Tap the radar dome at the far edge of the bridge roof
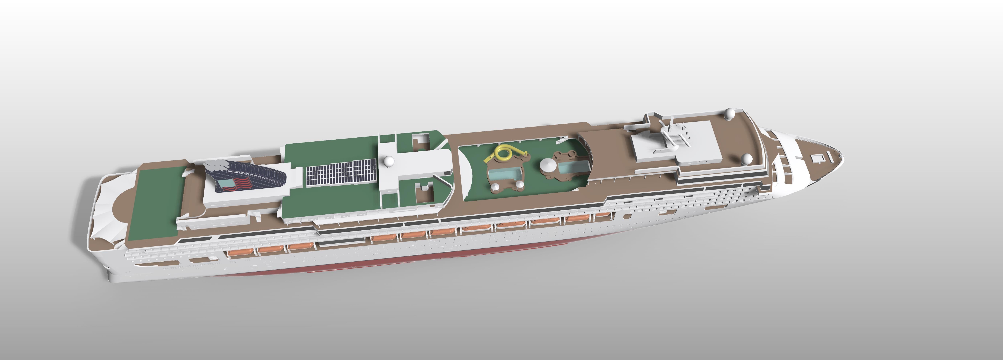point(730,114)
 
